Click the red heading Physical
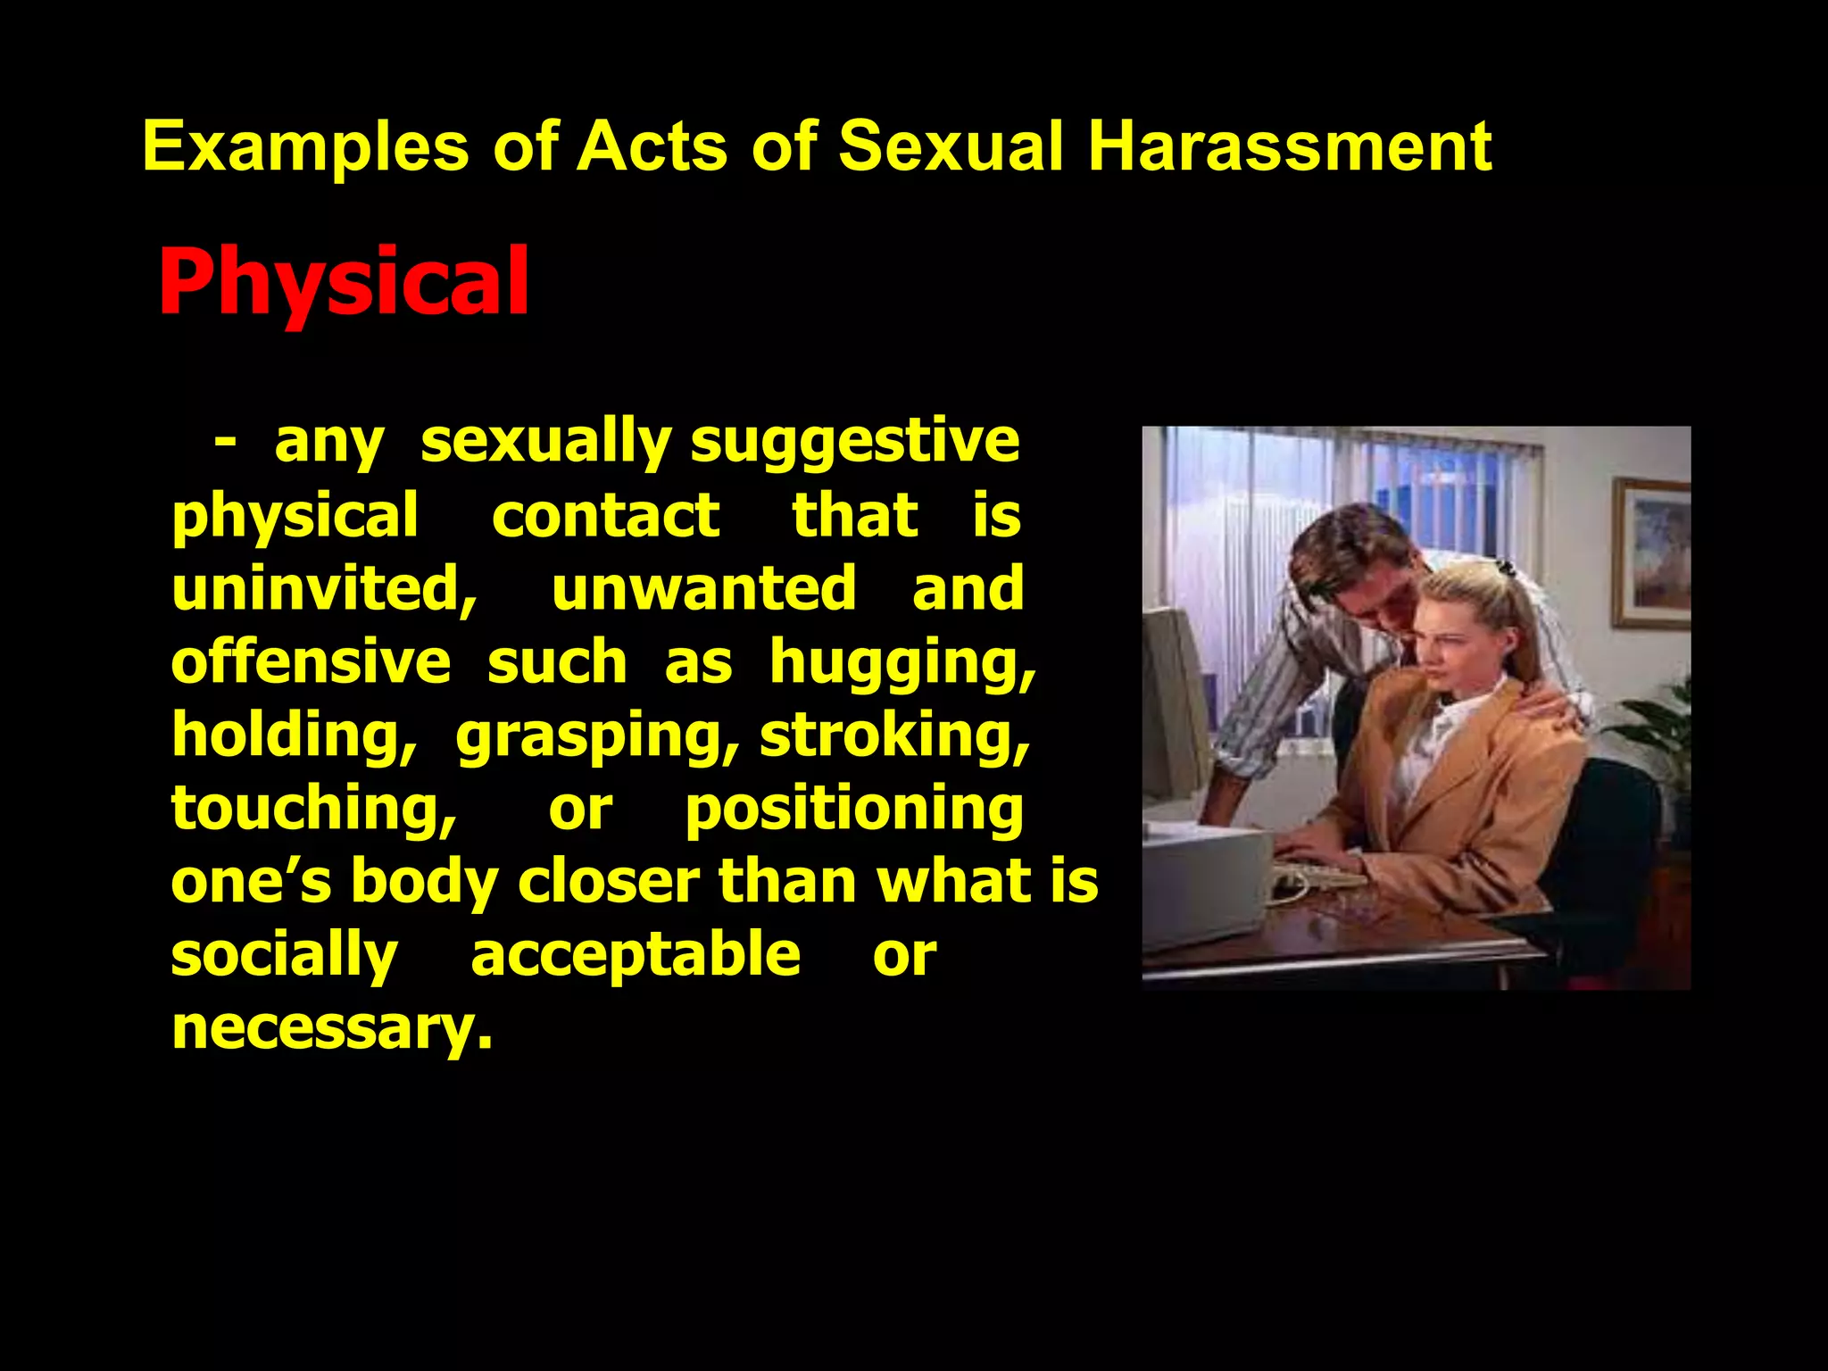click(x=344, y=282)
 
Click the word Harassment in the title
click(x=1289, y=146)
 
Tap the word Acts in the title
click(x=652, y=146)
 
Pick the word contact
click(x=605, y=517)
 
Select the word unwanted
click(x=704, y=589)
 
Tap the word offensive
click(x=311, y=662)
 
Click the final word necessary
click(x=331, y=1028)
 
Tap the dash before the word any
click(x=225, y=442)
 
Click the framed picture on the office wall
click(x=1651, y=553)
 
